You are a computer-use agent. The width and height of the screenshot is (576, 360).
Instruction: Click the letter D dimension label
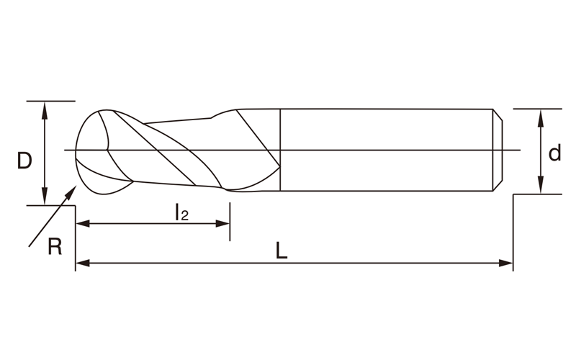24,161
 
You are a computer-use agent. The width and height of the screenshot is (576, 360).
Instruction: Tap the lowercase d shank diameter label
554,153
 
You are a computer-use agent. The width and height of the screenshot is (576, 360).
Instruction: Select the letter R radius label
55,246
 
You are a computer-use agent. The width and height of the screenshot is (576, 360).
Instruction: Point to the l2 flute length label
181,212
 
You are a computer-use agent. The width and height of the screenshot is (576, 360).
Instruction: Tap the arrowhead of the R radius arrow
71,192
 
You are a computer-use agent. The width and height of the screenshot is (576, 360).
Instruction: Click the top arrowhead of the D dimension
45,109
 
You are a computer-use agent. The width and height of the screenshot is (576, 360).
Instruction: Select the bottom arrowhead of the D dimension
45,197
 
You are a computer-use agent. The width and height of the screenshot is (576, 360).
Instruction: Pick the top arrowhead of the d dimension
541,118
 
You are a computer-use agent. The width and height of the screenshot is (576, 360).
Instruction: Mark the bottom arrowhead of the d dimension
541,185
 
